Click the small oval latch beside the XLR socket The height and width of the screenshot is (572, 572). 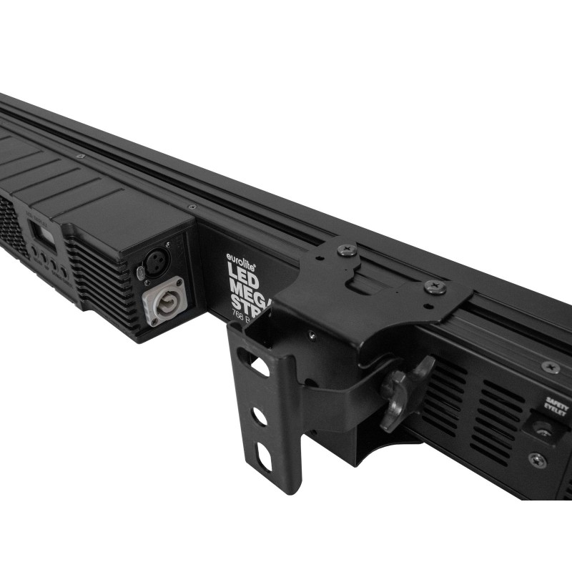[140, 272]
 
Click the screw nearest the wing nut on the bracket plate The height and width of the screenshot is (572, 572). [433, 287]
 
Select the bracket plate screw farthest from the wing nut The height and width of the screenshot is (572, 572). [345, 250]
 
